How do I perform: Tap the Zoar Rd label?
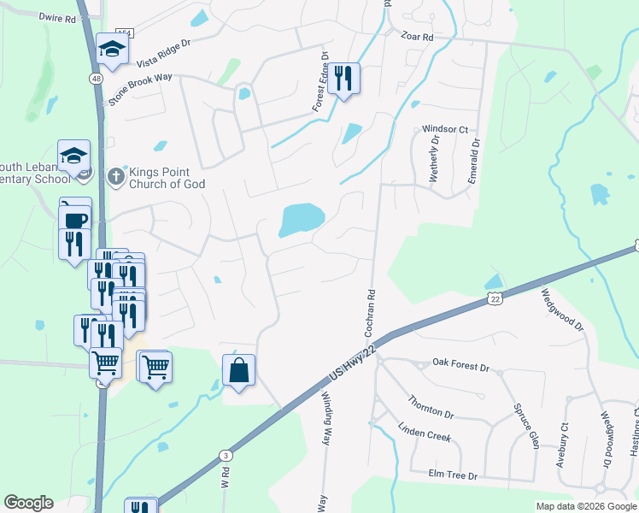pyautogui.click(x=417, y=37)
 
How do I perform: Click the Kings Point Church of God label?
pyautogui.click(x=167, y=177)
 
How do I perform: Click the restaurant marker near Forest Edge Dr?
pyautogui.click(x=343, y=80)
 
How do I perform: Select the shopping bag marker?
pyautogui.click(x=239, y=371)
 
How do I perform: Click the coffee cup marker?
pyautogui.click(x=76, y=219)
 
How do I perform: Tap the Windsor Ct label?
pyautogui.click(x=446, y=129)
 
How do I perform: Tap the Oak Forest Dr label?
pyautogui.click(x=460, y=368)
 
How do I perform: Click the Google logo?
pyautogui.click(x=28, y=503)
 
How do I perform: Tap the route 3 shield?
pyautogui.click(x=225, y=455)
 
